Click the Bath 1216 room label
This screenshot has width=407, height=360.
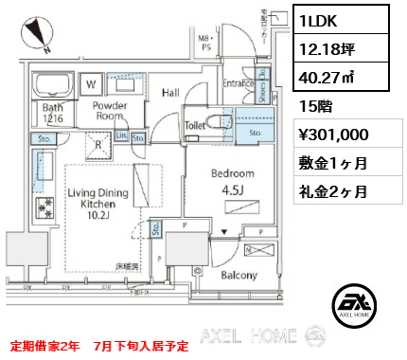(53, 115)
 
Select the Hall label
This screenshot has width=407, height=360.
(171, 93)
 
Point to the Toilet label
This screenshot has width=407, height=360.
(195, 124)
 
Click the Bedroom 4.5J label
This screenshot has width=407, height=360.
(232, 181)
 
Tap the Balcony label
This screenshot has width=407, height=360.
(239, 276)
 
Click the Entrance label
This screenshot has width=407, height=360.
(237, 84)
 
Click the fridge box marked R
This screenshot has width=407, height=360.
(97, 147)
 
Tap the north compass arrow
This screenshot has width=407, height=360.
(41, 31)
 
